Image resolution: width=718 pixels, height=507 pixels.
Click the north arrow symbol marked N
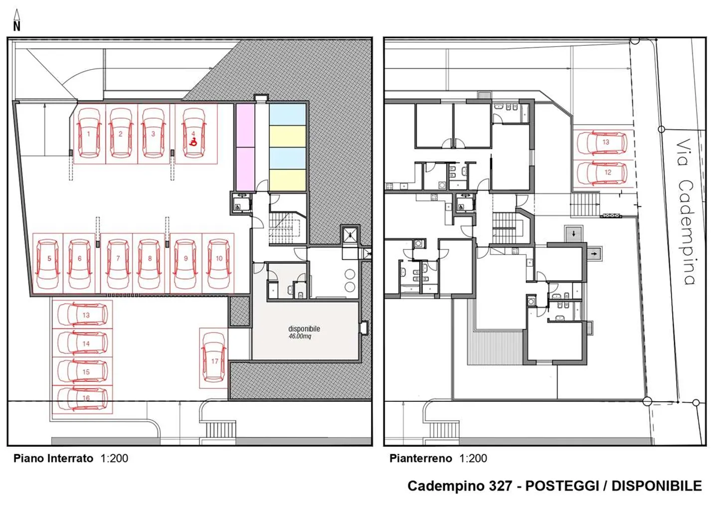click(16, 21)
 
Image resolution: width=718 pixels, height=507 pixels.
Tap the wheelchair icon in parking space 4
click(193, 142)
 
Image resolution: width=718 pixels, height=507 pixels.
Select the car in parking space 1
click(89, 134)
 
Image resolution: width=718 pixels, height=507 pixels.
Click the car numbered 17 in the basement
click(214, 358)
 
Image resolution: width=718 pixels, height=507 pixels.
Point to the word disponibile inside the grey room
click(304, 329)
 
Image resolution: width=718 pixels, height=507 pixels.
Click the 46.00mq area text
click(300, 337)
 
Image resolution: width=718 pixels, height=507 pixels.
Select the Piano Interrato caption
click(53, 458)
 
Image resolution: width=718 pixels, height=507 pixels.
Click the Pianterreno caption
click(420, 458)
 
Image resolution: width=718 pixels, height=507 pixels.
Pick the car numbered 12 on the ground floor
click(602, 173)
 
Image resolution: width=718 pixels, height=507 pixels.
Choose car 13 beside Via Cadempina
click(602, 143)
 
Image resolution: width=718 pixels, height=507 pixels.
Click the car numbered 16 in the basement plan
click(83, 398)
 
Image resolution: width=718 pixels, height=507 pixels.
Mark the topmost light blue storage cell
click(287, 114)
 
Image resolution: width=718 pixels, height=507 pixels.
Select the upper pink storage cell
click(244, 126)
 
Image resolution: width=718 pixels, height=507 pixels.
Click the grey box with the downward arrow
click(573, 233)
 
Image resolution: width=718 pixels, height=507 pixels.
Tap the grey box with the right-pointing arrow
click(593, 254)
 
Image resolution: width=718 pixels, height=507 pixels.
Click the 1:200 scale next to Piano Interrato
click(114, 458)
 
